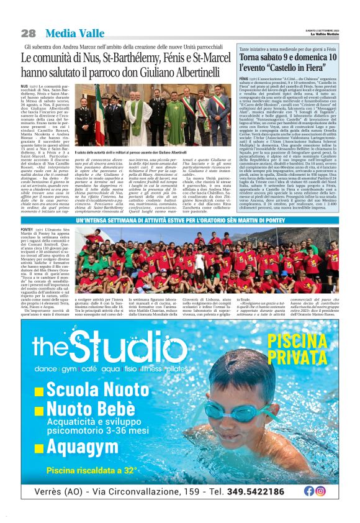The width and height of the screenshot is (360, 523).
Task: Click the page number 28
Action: click(28, 33)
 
